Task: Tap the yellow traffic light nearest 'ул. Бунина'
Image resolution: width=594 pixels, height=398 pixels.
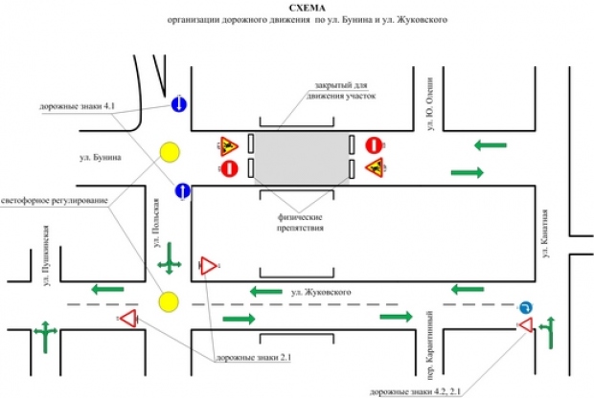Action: coord(171,151)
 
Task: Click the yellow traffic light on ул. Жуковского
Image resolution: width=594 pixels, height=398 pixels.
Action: coord(171,300)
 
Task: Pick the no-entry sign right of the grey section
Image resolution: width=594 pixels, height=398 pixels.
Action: coord(374,145)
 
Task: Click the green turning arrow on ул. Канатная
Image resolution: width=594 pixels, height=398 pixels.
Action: coord(549,335)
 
